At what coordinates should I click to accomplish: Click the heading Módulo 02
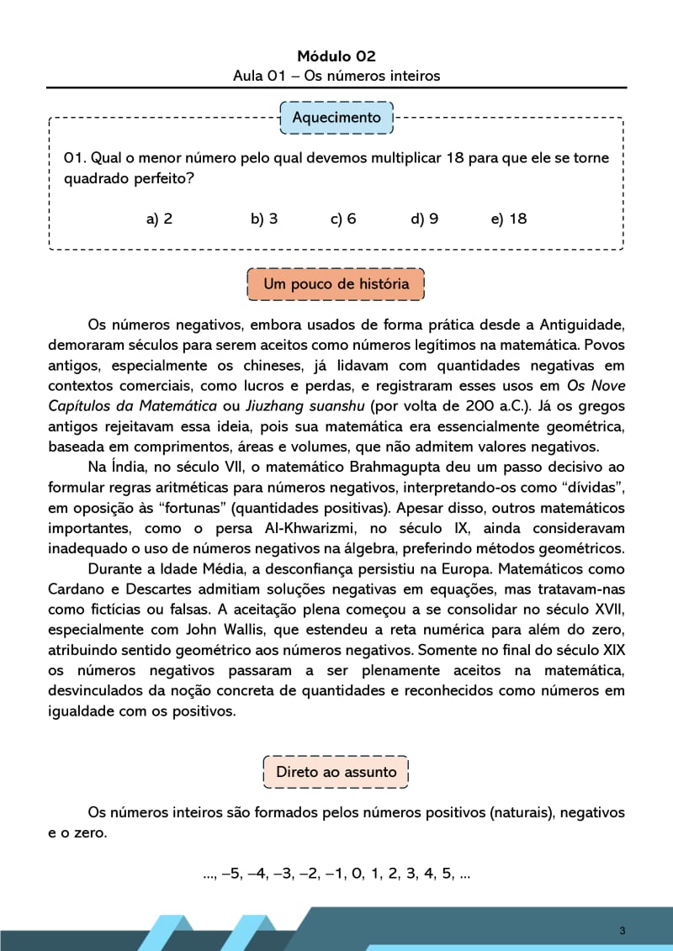pos(336,56)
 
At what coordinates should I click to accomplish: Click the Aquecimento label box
pos(336,118)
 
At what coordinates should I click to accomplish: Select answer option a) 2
pos(159,219)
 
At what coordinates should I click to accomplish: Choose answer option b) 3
pos(264,219)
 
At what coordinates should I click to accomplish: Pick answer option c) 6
pos(343,219)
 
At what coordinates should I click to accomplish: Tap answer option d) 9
pos(425,219)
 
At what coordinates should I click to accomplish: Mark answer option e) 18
pos(509,219)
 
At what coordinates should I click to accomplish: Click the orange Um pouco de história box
pos(336,284)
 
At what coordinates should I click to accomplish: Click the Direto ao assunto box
pos(336,772)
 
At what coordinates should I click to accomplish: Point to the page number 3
pos(622,930)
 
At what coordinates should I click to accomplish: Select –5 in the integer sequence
pos(230,874)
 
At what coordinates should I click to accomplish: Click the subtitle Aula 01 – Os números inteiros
pos(336,77)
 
